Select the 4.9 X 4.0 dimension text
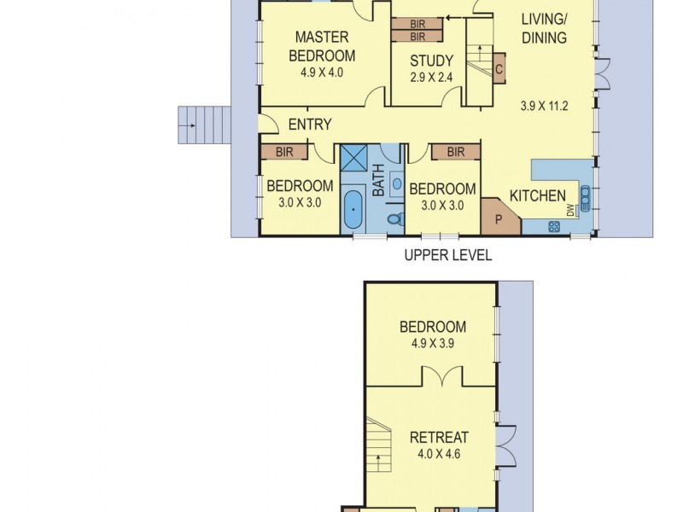tap(321, 73)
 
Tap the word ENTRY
tap(309, 125)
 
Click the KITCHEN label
tap(537, 195)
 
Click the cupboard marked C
tap(498, 70)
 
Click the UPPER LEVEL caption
tap(447, 255)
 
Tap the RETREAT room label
tap(439, 438)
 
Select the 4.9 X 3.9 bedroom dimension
tap(432, 346)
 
